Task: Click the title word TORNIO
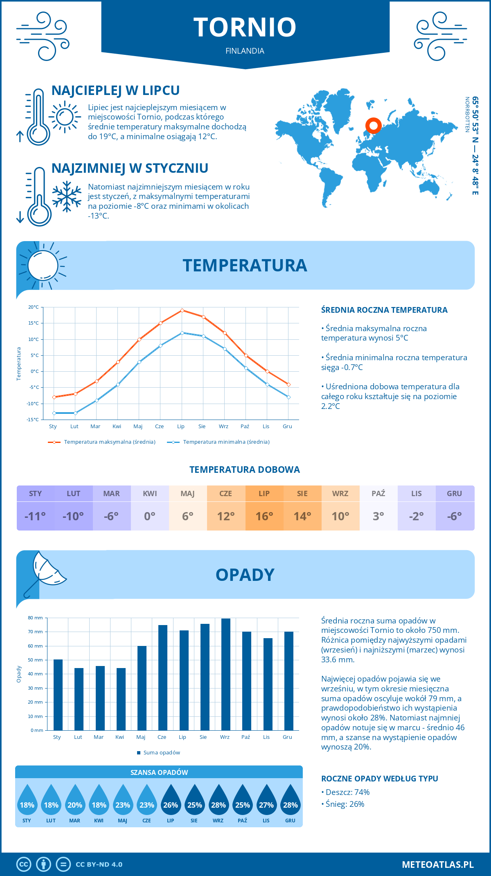(x=245, y=27)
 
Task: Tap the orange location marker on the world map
(x=373, y=126)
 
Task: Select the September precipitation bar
(x=226, y=674)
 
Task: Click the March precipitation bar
(x=100, y=698)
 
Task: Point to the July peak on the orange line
(x=182, y=310)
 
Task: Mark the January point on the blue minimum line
(x=54, y=413)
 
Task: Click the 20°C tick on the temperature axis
(x=34, y=307)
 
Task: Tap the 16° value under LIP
(x=264, y=516)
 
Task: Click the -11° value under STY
(x=35, y=516)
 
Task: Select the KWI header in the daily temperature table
(x=150, y=493)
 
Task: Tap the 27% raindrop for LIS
(x=266, y=802)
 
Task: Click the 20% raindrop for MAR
(x=75, y=802)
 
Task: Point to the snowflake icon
(x=67, y=196)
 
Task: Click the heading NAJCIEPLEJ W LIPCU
(x=115, y=90)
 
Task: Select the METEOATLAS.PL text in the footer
(x=438, y=864)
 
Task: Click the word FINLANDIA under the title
(x=245, y=51)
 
